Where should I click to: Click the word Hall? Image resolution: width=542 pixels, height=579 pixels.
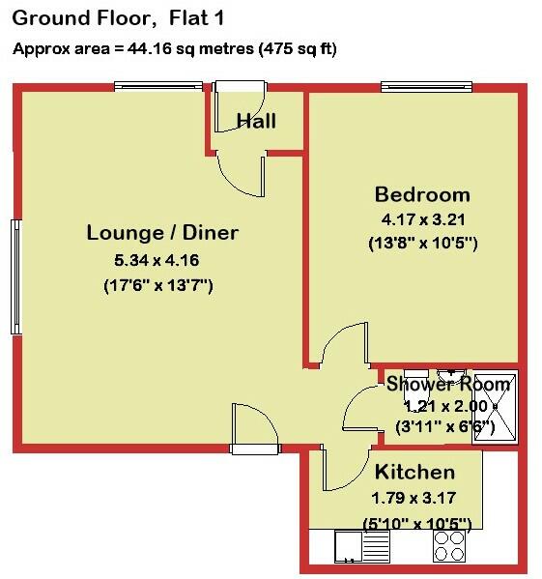[x=257, y=121]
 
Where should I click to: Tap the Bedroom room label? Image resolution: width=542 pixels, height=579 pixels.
[x=422, y=193]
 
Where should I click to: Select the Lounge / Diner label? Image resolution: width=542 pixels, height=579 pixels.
[x=162, y=233]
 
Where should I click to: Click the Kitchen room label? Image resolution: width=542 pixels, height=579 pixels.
[x=414, y=473]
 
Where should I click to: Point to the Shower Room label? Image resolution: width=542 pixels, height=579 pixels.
[x=447, y=384]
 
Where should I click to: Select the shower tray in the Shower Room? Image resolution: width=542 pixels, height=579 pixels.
[x=495, y=408]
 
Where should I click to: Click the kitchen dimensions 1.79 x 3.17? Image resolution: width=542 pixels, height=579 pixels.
[x=413, y=499]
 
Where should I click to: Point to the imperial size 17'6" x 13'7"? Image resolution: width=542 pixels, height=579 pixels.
[x=157, y=285]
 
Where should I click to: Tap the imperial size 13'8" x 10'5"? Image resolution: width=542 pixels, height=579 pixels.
[x=423, y=243]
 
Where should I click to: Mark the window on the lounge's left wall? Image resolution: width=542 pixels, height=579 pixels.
[x=15, y=276]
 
